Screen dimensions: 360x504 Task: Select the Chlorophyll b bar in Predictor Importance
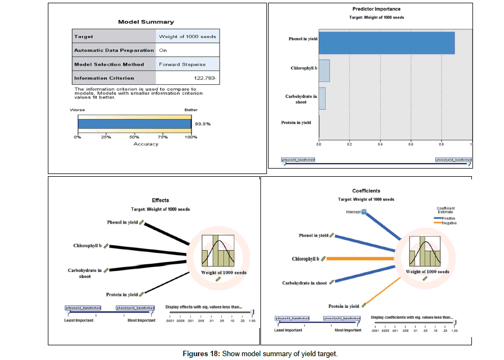coord(324,71)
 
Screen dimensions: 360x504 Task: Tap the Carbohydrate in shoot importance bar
coord(322,98)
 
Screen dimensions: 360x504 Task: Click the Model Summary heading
coord(146,22)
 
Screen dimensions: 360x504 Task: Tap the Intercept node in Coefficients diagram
coord(364,212)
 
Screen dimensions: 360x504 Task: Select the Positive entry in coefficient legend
coord(449,218)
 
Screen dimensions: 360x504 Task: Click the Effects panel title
coord(160,201)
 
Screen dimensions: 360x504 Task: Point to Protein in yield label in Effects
coord(122,294)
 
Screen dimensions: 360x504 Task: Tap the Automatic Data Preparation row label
coord(114,50)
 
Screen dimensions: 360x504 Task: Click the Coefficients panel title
coord(366,191)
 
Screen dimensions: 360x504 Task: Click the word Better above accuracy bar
coord(191,110)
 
